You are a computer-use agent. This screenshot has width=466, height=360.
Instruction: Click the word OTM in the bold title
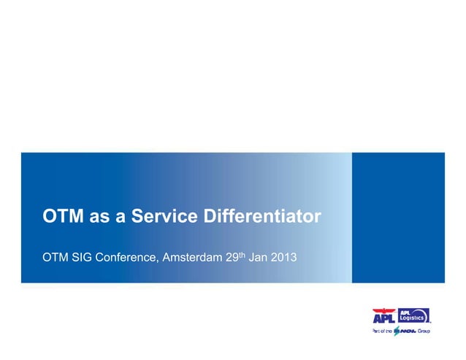[x=63, y=218]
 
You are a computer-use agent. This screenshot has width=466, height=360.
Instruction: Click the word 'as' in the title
[x=99, y=218]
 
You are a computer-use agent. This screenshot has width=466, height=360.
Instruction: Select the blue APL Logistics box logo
[x=413, y=315]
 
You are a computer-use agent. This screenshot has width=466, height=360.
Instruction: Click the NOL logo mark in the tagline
[x=405, y=332]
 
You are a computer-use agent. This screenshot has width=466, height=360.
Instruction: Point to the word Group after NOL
[x=424, y=332]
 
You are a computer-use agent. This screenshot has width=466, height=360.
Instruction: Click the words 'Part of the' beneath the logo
[x=383, y=332]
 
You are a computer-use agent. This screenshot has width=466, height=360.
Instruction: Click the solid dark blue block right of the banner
[x=398, y=218]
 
